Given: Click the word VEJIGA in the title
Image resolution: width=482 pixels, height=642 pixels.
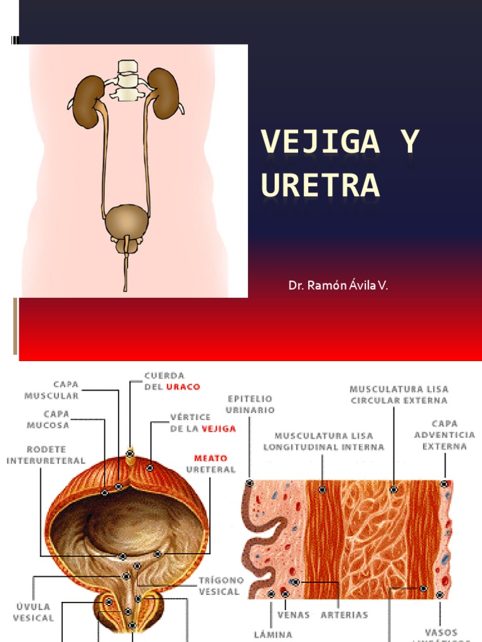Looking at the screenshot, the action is [x=320, y=142].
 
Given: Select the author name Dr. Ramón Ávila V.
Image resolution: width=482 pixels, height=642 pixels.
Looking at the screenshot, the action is [x=338, y=286].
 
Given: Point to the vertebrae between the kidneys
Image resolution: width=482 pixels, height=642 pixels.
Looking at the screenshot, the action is [x=127, y=80].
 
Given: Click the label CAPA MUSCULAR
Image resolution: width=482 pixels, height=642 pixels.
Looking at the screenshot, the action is [x=52, y=390].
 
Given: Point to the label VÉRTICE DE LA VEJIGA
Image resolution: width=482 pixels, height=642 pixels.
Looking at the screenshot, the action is [x=203, y=423].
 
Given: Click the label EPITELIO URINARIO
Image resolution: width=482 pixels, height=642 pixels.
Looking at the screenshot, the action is [x=250, y=403].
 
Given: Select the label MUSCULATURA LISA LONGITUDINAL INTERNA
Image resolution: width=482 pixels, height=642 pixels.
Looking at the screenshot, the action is [x=323, y=441].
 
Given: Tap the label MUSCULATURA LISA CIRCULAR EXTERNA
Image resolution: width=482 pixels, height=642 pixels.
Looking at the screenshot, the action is [x=399, y=394].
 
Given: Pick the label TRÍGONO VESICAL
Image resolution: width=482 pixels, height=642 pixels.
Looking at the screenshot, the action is [x=219, y=586].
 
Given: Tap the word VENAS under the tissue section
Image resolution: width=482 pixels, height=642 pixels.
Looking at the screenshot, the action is [x=293, y=614].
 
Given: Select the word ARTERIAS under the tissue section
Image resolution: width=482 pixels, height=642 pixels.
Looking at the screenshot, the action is [x=344, y=614].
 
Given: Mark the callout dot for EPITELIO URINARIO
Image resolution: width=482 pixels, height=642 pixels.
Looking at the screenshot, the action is [x=250, y=483].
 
